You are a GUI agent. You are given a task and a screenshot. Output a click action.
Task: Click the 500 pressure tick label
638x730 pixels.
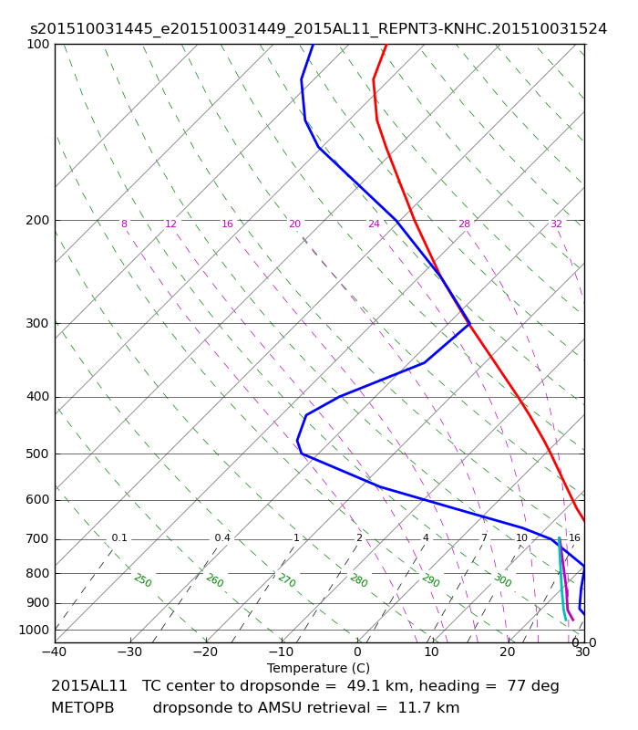click(37, 454)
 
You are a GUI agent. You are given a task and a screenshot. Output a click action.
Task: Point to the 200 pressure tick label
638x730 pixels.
click(37, 220)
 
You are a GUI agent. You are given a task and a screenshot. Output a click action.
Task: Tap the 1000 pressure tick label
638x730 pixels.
click(34, 631)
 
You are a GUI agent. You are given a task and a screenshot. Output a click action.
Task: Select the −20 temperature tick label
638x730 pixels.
click(205, 652)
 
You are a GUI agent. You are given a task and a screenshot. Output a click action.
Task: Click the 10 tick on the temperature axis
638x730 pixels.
click(431, 652)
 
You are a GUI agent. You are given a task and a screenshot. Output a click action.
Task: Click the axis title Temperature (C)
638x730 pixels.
click(318, 668)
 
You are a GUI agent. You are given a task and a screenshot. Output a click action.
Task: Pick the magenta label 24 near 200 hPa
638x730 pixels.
click(374, 224)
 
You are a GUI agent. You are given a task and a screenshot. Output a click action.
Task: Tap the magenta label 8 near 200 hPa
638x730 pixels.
click(124, 224)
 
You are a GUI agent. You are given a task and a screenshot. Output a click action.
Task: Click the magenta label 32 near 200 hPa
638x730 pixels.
click(556, 224)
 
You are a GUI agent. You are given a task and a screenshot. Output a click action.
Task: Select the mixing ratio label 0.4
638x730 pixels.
click(222, 538)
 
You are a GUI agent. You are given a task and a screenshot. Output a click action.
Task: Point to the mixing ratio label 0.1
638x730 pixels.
click(119, 538)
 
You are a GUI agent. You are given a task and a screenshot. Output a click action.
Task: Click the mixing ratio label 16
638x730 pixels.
click(574, 538)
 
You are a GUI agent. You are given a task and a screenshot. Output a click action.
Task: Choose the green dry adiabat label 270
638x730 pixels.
click(287, 580)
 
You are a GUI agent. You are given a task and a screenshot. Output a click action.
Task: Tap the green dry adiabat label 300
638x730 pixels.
click(503, 580)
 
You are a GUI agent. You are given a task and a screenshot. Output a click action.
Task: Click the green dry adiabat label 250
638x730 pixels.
click(143, 580)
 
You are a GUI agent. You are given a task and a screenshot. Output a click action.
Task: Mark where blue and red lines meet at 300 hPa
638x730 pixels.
click(469, 324)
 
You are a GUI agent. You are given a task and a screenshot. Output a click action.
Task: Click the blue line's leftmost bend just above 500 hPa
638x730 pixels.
click(297, 440)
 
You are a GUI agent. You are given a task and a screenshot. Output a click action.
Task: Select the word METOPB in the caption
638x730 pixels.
click(83, 708)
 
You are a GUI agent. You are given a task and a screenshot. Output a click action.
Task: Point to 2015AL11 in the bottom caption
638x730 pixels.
click(89, 686)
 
